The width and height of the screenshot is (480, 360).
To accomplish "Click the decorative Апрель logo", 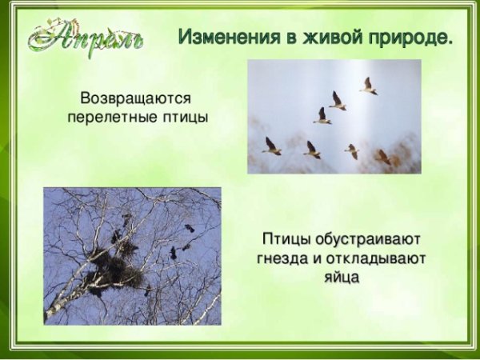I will point(86,37).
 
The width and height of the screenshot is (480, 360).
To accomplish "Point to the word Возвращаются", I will point(136,99).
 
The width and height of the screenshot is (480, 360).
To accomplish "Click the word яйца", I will point(342,278).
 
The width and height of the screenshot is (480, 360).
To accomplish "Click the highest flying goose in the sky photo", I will point(369,86).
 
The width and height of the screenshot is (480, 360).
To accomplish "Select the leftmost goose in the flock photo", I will point(271,146).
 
